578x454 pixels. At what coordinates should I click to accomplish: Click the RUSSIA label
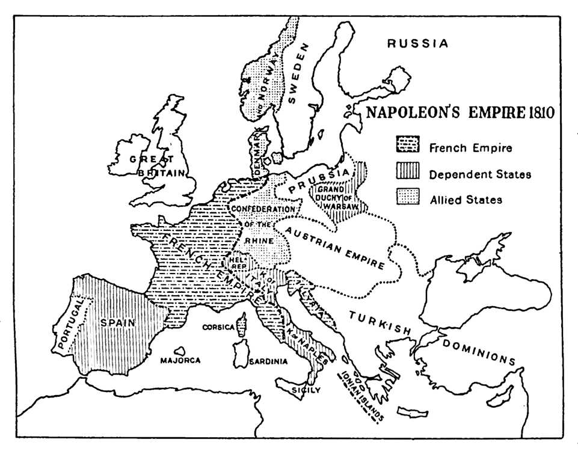pyautogui.click(x=418, y=44)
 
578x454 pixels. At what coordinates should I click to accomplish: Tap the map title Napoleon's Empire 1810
pyautogui.click(x=460, y=112)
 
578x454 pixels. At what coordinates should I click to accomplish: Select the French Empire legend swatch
pyautogui.click(x=407, y=146)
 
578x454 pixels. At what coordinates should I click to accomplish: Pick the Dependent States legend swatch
pyautogui.click(x=407, y=173)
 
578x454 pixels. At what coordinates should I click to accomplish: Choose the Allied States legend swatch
pyautogui.click(x=407, y=198)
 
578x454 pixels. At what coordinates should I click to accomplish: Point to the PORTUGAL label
pyautogui.click(x=70, y=325)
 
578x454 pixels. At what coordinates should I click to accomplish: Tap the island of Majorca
pyautogui.click(x=179, y=351)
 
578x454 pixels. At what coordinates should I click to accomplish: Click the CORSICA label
pyautogui.click(x=218, y=328)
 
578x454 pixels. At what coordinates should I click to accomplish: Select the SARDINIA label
pyautogui.click(x=268, y=362)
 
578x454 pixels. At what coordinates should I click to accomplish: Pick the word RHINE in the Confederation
pyautogui.click(x=259, y=240)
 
